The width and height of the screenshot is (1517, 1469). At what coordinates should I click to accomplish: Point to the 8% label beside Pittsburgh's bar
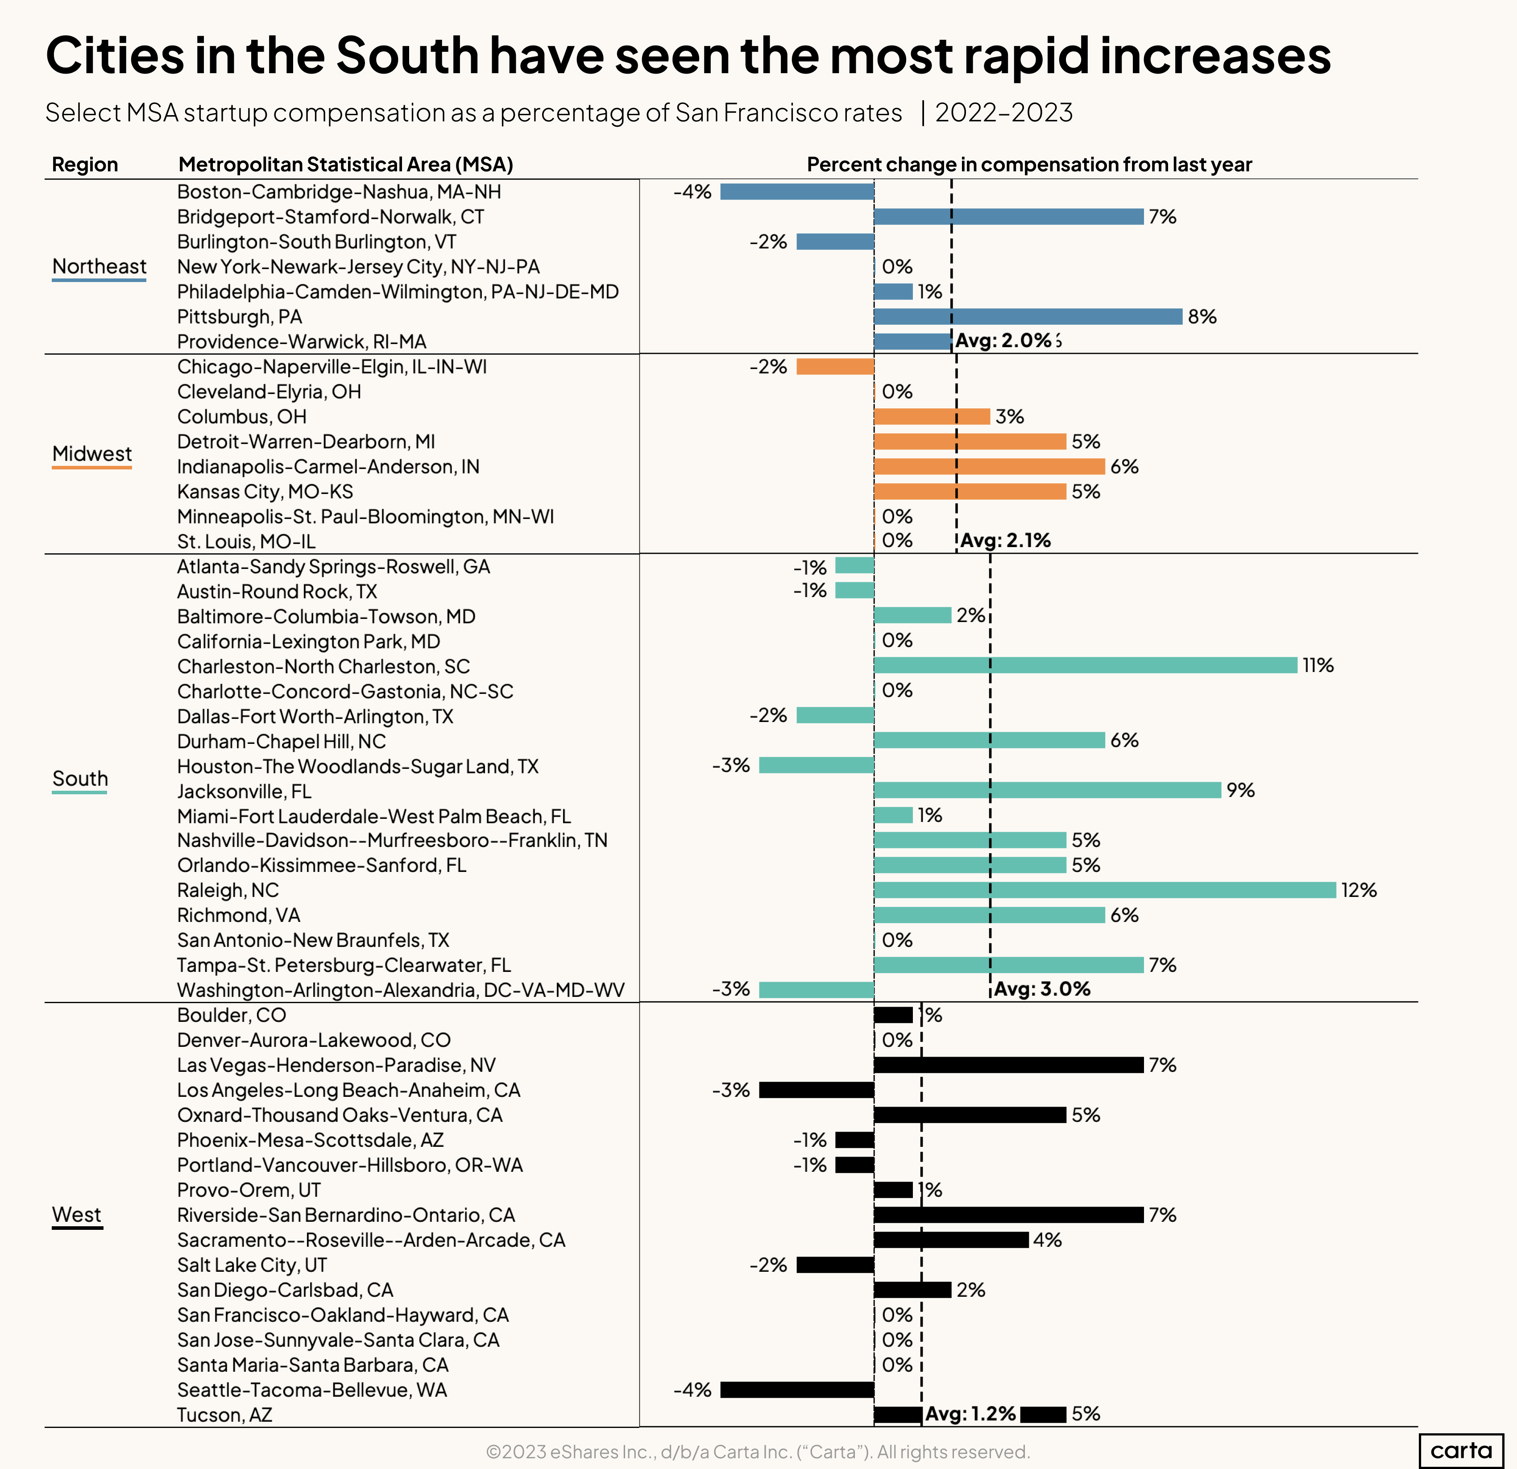click(x=1202, y=316)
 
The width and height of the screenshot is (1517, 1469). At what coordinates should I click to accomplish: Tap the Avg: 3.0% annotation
click(x=1042, y=989)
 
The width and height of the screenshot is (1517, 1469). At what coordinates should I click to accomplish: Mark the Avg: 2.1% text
click(x=1005, y=541)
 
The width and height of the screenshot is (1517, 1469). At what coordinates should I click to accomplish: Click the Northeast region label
click(x=99, y=267)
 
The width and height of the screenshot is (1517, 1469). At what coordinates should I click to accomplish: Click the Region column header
click(x=85, y=165)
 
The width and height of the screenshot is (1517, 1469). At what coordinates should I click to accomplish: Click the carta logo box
click(x=1460, y=1450)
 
